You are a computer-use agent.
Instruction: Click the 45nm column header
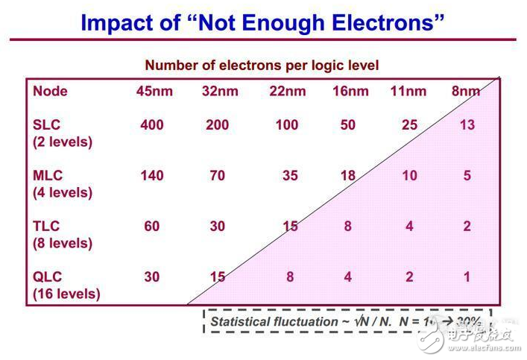click(x=152, y=92)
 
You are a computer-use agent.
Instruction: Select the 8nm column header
click(x=466, y=92)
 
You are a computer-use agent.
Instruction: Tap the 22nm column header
click(x=287, y=92)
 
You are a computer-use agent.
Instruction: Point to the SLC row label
click(x=47, y=125)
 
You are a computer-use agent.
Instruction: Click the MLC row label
click(x=48, y=176)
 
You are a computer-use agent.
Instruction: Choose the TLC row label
click(x=46, y=227)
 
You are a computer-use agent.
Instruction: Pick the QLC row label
click(x=47, y=277)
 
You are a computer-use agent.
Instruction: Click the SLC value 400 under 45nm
click(x=152, y=125)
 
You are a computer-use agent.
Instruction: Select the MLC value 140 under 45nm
click(x=152, y=176)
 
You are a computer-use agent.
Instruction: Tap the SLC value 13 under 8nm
click(x=467, y=125)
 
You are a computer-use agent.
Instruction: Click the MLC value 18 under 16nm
click(x=348, y=176)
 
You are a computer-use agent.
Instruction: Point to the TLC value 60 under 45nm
click(x=152, y=227)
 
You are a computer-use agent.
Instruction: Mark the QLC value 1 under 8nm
click(x=467, y=277)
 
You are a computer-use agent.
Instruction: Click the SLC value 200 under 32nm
click(x=217, y=125)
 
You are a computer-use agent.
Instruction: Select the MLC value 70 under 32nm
click(x=217, y=176)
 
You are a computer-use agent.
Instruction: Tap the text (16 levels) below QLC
click(x=66, y=294)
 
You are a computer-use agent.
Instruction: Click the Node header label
click(x=50, y=92)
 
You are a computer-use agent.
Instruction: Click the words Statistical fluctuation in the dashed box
click(x=274, y=321)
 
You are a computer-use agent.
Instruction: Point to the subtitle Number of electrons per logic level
click(x=262, y=66)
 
